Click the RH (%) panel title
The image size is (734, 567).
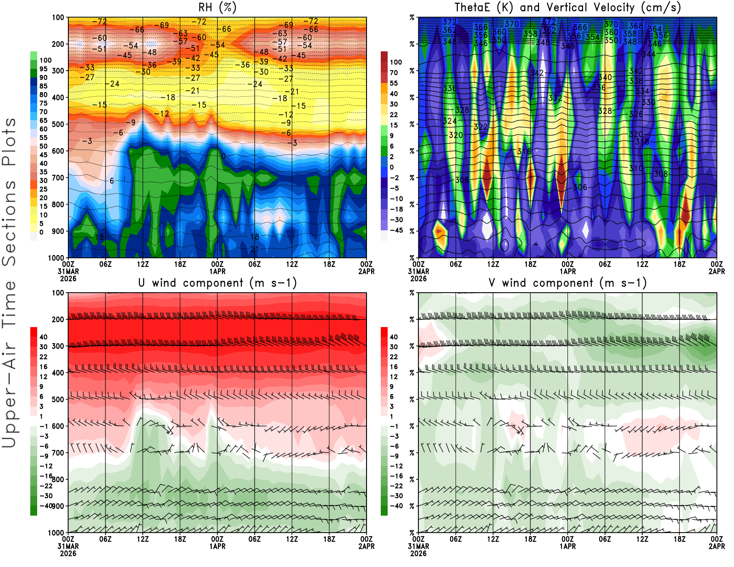click(x=217, y=7)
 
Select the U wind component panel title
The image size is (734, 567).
click(x=217, y=283)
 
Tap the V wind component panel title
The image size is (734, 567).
click(x=567, y=283)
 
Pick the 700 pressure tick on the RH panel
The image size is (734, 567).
click(x=58, y=178)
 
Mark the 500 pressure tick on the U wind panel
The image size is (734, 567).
click(x=58, y=399)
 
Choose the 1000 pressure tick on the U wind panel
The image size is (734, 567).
click(x=56, y=533)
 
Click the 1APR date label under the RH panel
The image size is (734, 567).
click(x=217, y=271)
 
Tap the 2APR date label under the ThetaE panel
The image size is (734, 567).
click(x=717, y=271)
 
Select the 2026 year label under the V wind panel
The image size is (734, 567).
click(x=418, y=553)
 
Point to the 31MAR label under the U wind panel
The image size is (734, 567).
click(x=68, y=546)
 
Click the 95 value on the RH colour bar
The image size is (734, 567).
click(x=44, y=69)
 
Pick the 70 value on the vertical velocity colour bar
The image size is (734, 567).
click(x=394, y=72)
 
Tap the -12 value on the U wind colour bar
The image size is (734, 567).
click(x=46, y=466)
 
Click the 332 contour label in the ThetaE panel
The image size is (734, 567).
click(x=555, y=98)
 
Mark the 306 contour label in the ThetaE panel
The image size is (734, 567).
click(x=580, y=187)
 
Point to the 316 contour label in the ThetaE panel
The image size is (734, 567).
click(x=524, y=151)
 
